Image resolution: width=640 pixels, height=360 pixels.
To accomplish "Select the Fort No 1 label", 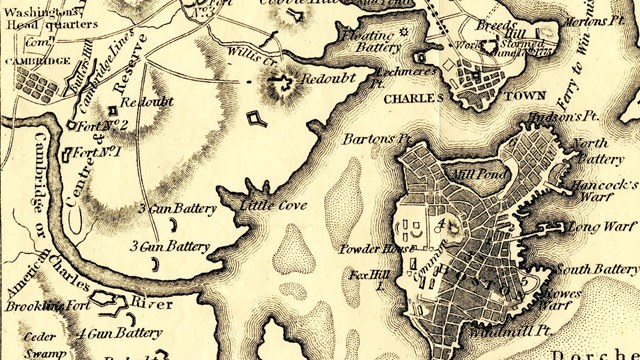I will coord(98,153).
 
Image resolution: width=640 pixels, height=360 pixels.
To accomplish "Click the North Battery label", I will coord(603,150).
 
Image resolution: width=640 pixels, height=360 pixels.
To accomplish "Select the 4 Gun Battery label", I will coord(120,332).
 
